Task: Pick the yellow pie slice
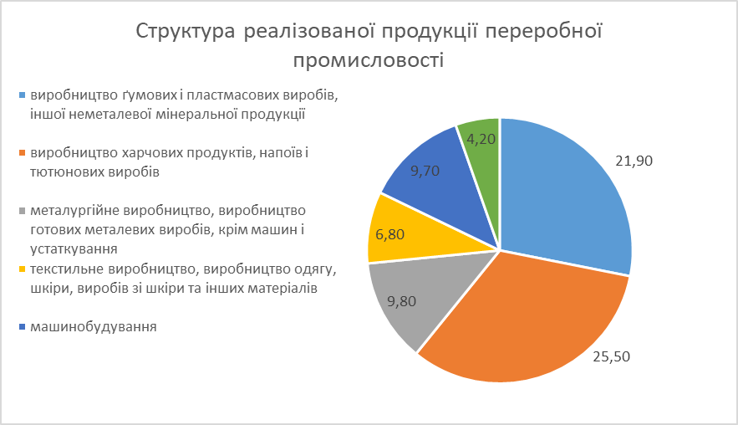[400, 231]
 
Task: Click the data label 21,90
[634, 161]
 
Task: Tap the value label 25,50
[611, 356]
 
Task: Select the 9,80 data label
[401, 301]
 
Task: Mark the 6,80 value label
[389, 234]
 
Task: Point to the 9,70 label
[425, 171]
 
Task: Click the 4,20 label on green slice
[481, 139]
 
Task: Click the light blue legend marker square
[22, 95]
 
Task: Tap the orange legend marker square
[22, 153]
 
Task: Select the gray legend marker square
[22, 211]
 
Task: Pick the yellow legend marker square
[22, 269]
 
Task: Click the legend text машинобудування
[94, 327]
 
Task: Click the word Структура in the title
[186, 32]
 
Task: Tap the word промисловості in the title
[369, 60]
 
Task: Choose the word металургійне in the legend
[75, 211]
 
